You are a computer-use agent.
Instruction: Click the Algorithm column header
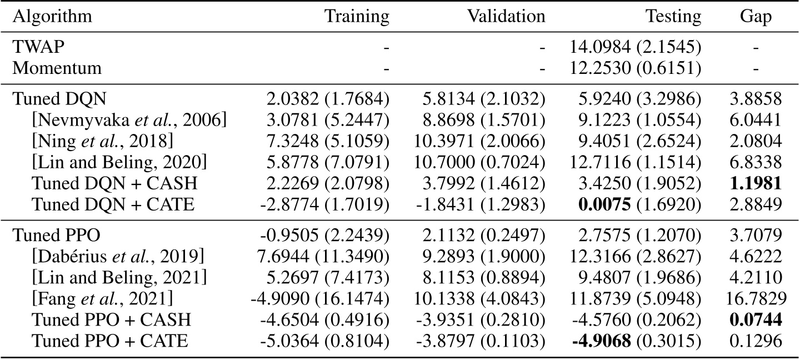[47, 17]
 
